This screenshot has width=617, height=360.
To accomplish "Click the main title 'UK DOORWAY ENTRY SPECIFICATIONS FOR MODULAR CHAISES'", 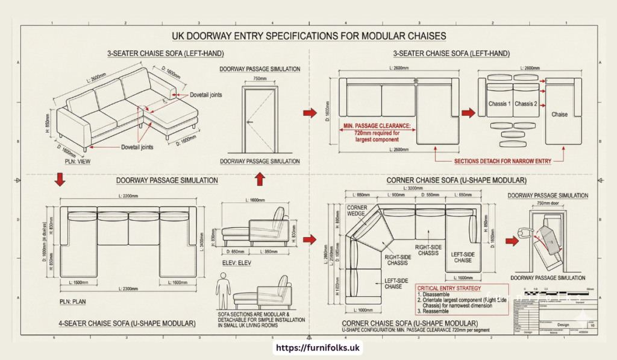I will [308, 36].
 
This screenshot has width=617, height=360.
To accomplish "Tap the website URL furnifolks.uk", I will [308, 348].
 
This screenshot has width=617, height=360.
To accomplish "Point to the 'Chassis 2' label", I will [525, 104].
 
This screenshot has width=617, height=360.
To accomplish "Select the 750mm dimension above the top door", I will [260, 78].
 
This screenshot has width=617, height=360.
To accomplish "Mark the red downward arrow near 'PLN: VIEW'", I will [60, 179].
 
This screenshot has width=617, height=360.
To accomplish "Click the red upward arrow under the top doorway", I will [260, 179].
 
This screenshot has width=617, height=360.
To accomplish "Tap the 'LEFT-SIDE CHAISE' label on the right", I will [463, 257].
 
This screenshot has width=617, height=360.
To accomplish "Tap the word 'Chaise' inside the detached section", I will [559, 114].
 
